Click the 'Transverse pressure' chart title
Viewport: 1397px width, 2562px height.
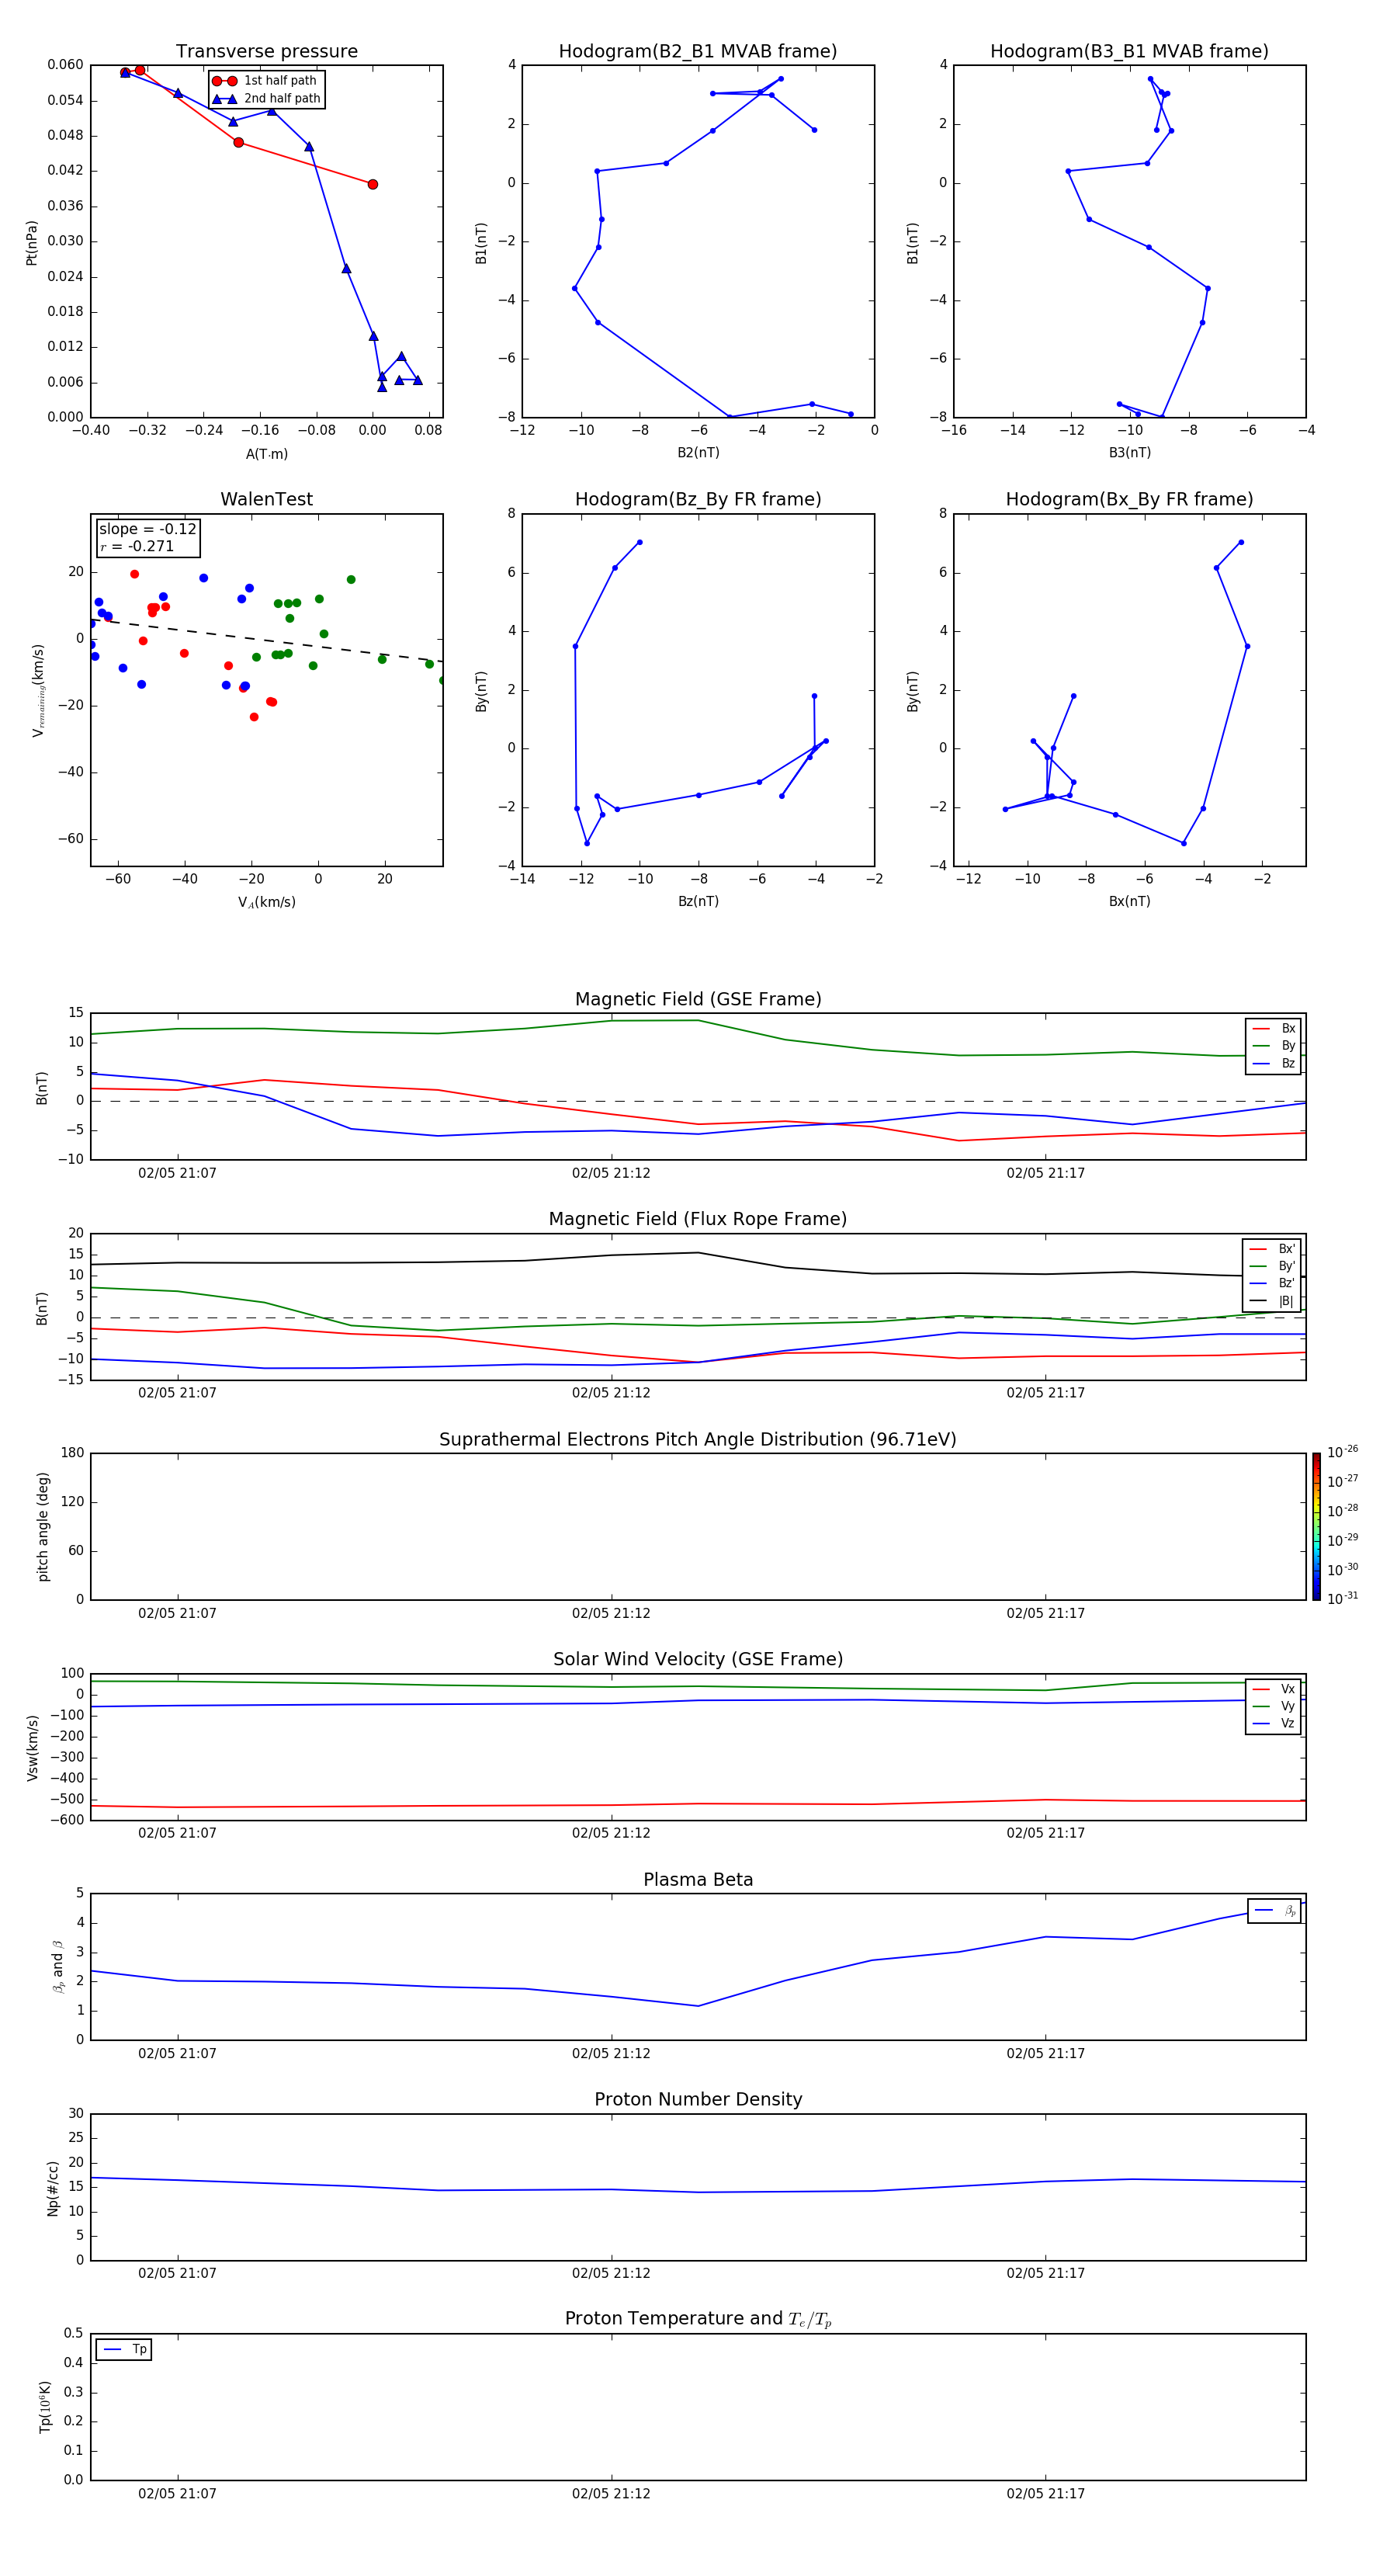click(266, 52)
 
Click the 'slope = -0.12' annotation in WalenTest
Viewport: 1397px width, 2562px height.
click(147, 529)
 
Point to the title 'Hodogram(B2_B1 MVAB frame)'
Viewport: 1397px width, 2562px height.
click(697, 52)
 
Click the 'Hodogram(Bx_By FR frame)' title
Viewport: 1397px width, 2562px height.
click(1128, 499)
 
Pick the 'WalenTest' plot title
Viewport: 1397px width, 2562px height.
click(266, 499)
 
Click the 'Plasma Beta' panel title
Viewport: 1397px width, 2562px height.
click(697, 1880)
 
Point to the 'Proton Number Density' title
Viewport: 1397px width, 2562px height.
click(697, 2099)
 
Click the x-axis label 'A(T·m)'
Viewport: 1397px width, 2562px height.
click(266, 454)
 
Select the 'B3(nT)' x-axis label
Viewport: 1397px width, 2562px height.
click(1128, 453)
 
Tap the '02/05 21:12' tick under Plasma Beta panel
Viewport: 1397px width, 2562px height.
click(611, 2053)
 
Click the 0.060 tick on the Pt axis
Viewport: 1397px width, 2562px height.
click(66, 64)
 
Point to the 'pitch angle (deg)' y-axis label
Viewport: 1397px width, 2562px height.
click(43, 1526)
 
